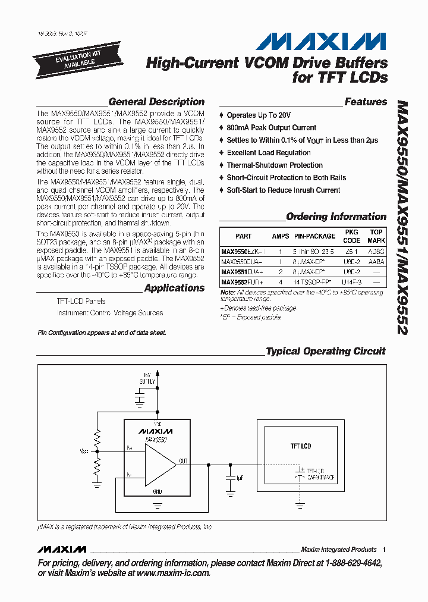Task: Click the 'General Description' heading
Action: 156,102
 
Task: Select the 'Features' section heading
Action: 366,102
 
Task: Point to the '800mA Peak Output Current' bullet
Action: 271,127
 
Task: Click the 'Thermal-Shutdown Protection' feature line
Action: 275,165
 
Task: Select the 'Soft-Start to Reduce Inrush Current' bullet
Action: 283,190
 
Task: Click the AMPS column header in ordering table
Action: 281,236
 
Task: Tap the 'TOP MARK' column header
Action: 376,236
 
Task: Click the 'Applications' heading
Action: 174,288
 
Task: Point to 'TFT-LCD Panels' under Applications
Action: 81,302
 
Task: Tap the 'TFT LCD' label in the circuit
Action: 300,446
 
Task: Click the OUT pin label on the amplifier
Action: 184,460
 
